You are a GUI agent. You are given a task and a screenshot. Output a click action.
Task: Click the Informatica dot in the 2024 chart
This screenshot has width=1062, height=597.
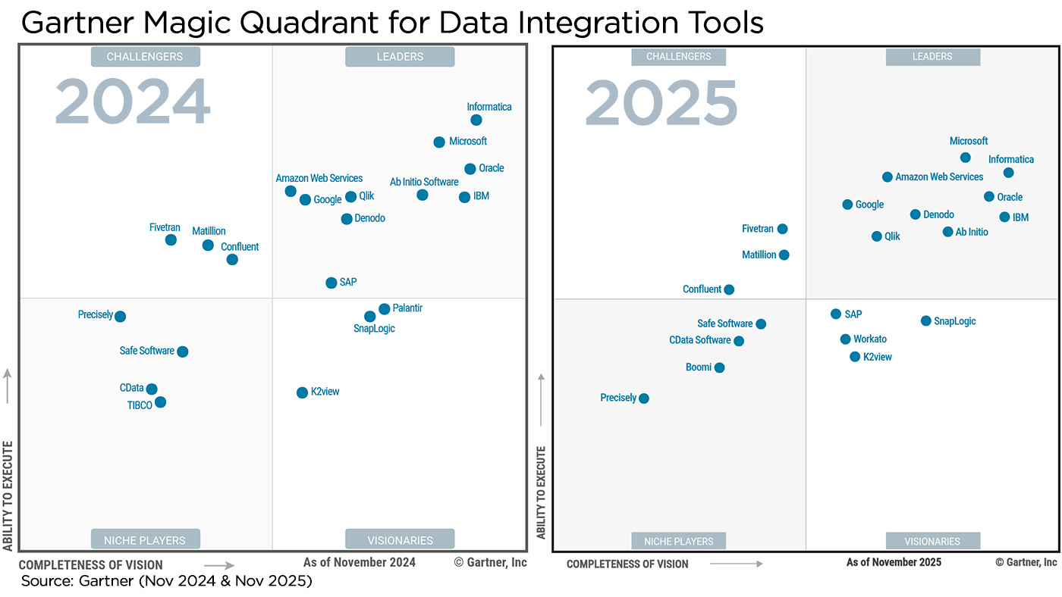click(x=476, y=120)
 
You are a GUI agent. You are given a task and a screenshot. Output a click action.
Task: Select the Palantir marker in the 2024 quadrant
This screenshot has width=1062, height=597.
click(x=385, y=308)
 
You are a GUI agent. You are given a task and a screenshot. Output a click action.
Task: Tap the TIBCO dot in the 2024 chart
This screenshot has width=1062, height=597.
click(x=160, y=402)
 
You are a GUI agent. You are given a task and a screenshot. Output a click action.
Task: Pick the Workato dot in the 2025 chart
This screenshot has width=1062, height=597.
click(x=845, y=339)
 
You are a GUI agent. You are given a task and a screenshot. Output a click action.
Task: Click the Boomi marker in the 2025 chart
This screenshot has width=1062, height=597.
click(x=719, y=367)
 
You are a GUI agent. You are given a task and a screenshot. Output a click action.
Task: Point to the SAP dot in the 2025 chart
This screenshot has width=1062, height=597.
click(x=836, y=314)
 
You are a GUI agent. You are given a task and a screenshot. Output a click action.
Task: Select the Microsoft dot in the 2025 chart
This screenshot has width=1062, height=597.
click(x=965, y=158)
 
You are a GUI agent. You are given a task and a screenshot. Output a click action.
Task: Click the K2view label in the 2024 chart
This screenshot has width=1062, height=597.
click(x=325, y=392)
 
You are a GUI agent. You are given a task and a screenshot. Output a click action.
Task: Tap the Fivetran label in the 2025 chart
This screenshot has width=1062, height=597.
click(x=757, y=228)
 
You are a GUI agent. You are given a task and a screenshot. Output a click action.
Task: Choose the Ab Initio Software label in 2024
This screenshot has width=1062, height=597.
click(x=424, y=182)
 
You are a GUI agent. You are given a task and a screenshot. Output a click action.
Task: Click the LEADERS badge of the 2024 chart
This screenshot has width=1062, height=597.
click(x=400, y=57)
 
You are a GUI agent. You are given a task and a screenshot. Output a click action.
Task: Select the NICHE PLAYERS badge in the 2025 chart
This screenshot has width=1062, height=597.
click(x=678, y=541)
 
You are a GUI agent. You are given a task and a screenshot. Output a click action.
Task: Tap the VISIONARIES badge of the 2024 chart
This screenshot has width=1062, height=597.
click(x=400, y=540)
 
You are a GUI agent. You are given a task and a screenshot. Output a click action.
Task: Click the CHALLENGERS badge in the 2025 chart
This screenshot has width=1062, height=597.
click(x=678, y=57)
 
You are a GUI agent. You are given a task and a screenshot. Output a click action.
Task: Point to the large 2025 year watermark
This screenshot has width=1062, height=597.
click(x=661, y=104)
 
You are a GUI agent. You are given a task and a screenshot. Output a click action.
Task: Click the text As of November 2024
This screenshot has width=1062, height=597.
click(x=360, y=562)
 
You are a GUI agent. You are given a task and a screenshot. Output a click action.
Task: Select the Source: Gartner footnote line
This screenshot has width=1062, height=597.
click(x=166, y=581)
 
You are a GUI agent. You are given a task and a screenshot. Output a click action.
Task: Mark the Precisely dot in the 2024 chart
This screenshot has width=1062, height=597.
click(x=120, y=316)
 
